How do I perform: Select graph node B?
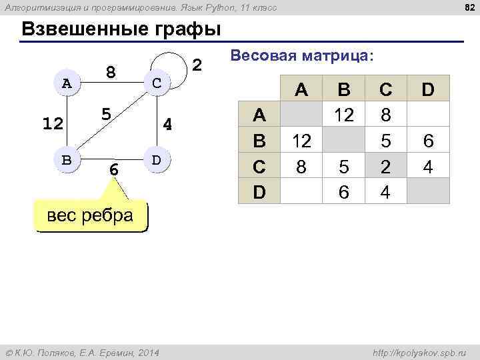tap(66, 160)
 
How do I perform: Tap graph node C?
tap(156, 83)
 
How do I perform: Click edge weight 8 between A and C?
tap(111, 71)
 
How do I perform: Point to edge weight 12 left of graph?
tap(52, 124)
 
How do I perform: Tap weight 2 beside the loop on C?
tap(197, 65)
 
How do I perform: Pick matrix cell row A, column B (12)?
tap(344, 115)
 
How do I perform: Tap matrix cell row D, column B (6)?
tap(344, 192)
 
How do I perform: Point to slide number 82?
tap(467, 7)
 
